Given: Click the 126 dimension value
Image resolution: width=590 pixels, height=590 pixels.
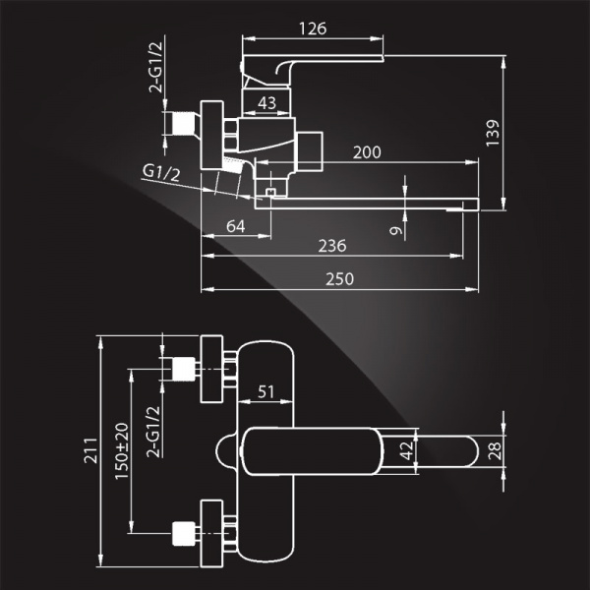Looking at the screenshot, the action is pos(313,29).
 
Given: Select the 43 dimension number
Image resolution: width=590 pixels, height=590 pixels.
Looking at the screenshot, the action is pos(266,102).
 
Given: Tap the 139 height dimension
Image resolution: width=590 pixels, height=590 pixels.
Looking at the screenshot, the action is pos(493,133).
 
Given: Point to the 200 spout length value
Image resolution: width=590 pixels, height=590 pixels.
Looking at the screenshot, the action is pos(367,152).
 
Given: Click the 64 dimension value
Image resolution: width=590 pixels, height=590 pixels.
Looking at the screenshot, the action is pos(236,226).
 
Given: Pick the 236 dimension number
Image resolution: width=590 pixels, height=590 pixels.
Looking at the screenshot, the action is pos(332,246).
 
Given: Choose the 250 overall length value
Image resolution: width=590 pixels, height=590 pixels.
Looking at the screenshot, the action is pos(340,279).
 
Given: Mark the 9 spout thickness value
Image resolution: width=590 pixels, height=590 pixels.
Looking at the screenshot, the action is pos(396,230).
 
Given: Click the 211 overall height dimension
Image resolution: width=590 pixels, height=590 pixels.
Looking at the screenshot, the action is pos(90,450).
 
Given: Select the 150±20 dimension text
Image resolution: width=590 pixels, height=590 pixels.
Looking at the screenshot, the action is pos(122,450).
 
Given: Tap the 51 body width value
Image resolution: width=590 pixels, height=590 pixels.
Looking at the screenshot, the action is pos(265,392).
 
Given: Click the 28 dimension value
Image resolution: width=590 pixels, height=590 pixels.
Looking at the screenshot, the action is pos(495,450).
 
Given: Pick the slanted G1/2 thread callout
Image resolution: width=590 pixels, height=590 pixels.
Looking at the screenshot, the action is pos(161,173).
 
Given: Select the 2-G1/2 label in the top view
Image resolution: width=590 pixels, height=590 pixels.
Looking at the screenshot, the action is pos(155,67).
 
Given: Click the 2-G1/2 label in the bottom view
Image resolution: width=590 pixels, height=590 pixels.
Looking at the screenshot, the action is pos(153,432).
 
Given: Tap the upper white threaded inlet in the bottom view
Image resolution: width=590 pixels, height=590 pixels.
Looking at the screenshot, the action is pos(183,369).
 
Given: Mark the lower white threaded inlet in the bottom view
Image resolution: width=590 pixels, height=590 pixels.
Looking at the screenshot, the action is pos(183,533).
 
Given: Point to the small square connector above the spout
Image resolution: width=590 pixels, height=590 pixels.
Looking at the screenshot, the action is pos(270,193).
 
